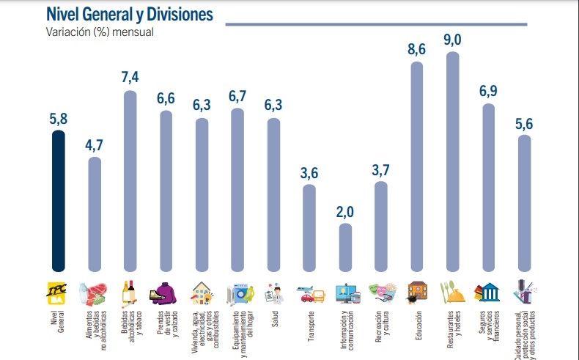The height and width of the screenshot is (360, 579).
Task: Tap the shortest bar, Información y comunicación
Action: click(x=345, y=248)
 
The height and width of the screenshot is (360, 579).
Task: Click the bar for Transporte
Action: click(x=309, y=228)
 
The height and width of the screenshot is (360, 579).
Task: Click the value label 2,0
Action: click(x=345, y=212)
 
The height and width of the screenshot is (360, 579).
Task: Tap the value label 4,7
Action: click(x=95, y=144)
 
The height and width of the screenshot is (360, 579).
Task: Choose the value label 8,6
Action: click(x=416, y=49)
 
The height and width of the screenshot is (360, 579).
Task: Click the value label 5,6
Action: click(x=524, y=122)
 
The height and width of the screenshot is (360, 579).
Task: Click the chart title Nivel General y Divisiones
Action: click(x=130, y=14)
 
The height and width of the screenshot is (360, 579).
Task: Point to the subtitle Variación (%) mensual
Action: click(x=100, y=32)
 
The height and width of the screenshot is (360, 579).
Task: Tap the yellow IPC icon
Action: click(x=57, y=292)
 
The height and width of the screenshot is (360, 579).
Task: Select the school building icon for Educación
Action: click(x=417, y=292)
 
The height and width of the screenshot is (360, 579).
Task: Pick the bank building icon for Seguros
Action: click(x=488, y=293)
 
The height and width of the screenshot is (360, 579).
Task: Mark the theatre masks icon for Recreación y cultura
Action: click(x=380, y=293)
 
